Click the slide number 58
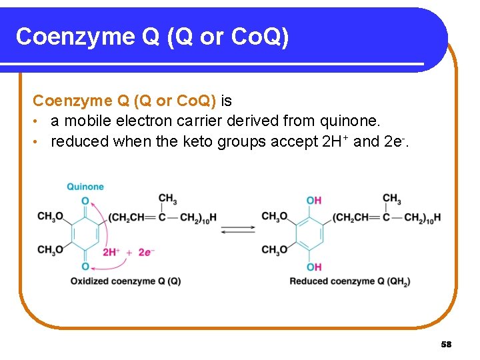click(x=446, y=345)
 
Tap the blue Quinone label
click(x=85, y=187)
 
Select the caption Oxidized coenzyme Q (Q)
click(x=125, y=281)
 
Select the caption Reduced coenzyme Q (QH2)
click(x=349, y=281)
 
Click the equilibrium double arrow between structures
click(x=238, y=229)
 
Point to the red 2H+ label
click(x=111, y=252)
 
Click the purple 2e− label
click(x=146, y=252)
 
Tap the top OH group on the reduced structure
click(x=314, y=200)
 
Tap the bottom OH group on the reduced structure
click(x=314, y=267)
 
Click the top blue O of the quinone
click(x=85, y=201)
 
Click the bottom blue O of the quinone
click(x=85, y=267)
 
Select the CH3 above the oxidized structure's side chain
click(x=167, y=199)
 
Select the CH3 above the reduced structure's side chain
click(x=391, y=199)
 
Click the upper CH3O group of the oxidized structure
click(x=51, y=216)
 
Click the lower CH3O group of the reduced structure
click(x=275, y=249)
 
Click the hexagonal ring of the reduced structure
click(x=309, y=233)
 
